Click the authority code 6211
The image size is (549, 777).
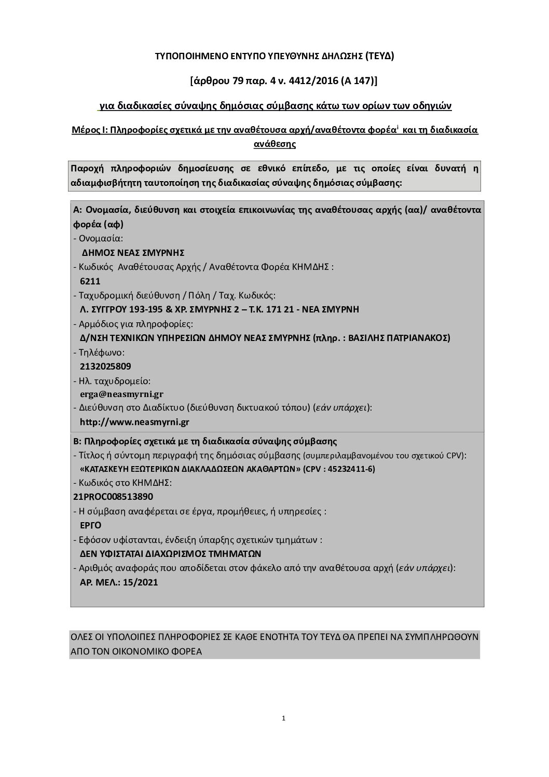click(x=90, y=281)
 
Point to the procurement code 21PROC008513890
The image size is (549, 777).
click(x=114, y=496)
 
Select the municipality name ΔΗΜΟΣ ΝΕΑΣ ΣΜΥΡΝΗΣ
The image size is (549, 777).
click(x=133, y=253)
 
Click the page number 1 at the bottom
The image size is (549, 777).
click(x=284, y=719)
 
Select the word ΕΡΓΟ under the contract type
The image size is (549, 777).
click(x=90, y=525)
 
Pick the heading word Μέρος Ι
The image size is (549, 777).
click(x=89, y=130)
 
